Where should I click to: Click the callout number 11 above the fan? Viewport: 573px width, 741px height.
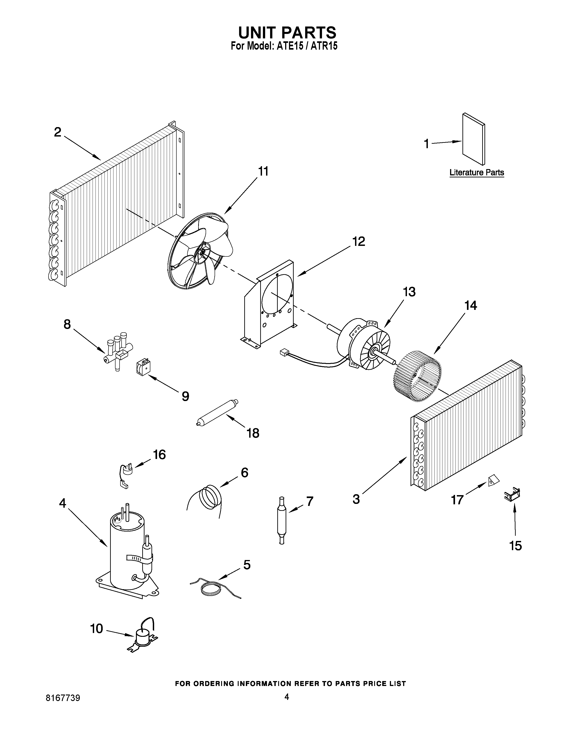tap(263, 171)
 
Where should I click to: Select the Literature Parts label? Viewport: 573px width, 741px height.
tap(477, 172)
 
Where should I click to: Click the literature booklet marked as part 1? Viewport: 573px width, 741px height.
tap(473, 139)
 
